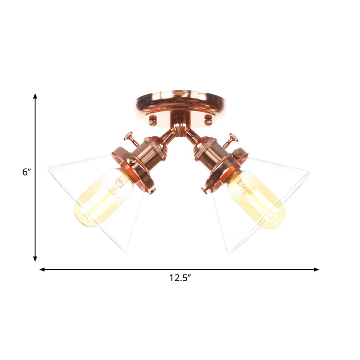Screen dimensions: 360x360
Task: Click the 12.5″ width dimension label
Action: click(180, 278)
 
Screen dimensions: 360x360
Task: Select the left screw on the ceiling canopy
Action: click(153, 120)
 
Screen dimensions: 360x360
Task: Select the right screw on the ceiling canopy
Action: click(208, 120)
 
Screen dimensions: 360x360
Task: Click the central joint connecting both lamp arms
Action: click(180, 129)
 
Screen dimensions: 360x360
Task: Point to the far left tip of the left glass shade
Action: click(48, 168)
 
